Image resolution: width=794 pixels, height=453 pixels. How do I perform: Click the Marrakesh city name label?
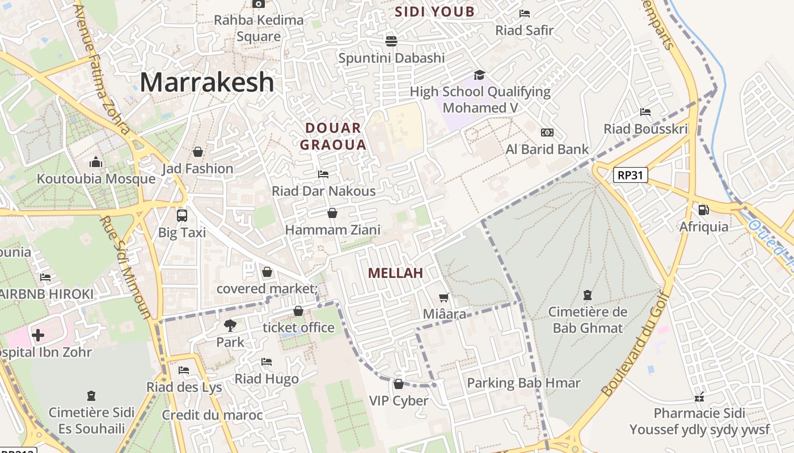click(x=207, y=82)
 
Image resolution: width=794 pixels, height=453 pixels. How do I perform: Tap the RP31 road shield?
click(x=630, y=175)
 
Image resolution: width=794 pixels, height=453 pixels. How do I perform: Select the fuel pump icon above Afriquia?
click(x=704, y=210)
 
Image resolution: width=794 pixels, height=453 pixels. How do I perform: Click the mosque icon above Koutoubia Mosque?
click(x=96, y=163)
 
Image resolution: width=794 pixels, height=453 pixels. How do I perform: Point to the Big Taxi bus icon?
click(x=182, y=215)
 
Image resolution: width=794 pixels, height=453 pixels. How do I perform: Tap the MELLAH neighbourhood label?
click(x=395, y=273)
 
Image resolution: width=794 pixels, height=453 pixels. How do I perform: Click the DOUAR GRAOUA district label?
click(x=333, y=136)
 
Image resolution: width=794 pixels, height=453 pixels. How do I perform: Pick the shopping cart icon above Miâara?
click(x=444, y=297)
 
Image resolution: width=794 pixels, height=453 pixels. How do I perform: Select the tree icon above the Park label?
click(x=230, y=326)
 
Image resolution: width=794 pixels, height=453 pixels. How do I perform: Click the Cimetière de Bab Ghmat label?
click(x=588, y=320)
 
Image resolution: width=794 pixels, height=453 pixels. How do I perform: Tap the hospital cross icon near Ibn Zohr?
click(x=38, y=335)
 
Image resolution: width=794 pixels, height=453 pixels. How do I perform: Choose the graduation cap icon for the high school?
click(x=480, y=75)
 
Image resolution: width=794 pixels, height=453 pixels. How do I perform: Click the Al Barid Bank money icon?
click(x=547, y=133)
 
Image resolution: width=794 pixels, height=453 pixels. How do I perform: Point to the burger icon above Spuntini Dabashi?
click(x=391, y=41)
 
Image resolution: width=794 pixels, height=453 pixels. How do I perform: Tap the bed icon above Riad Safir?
click(x=525, y=13)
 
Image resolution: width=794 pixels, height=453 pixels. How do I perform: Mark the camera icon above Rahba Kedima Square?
click(x=259, y=4)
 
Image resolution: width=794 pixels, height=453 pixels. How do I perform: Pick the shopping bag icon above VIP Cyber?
click(x=399, y=384)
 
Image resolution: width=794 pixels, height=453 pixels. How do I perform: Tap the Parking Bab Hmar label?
click(x=523, y=383)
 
